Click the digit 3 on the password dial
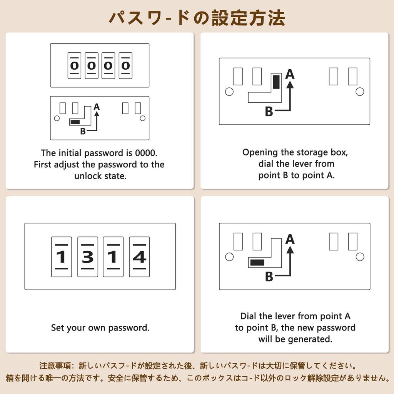88,257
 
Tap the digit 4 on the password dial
139,257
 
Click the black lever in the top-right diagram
276,82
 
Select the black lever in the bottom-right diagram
257,262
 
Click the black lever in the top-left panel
75,122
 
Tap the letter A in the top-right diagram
290,74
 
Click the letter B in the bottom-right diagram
269,277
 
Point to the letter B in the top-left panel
83,132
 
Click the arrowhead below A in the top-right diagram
290,84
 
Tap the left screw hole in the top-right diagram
229,92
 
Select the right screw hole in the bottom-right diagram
360,257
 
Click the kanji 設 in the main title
220,18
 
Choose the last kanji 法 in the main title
276,18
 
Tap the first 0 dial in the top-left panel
74,65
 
